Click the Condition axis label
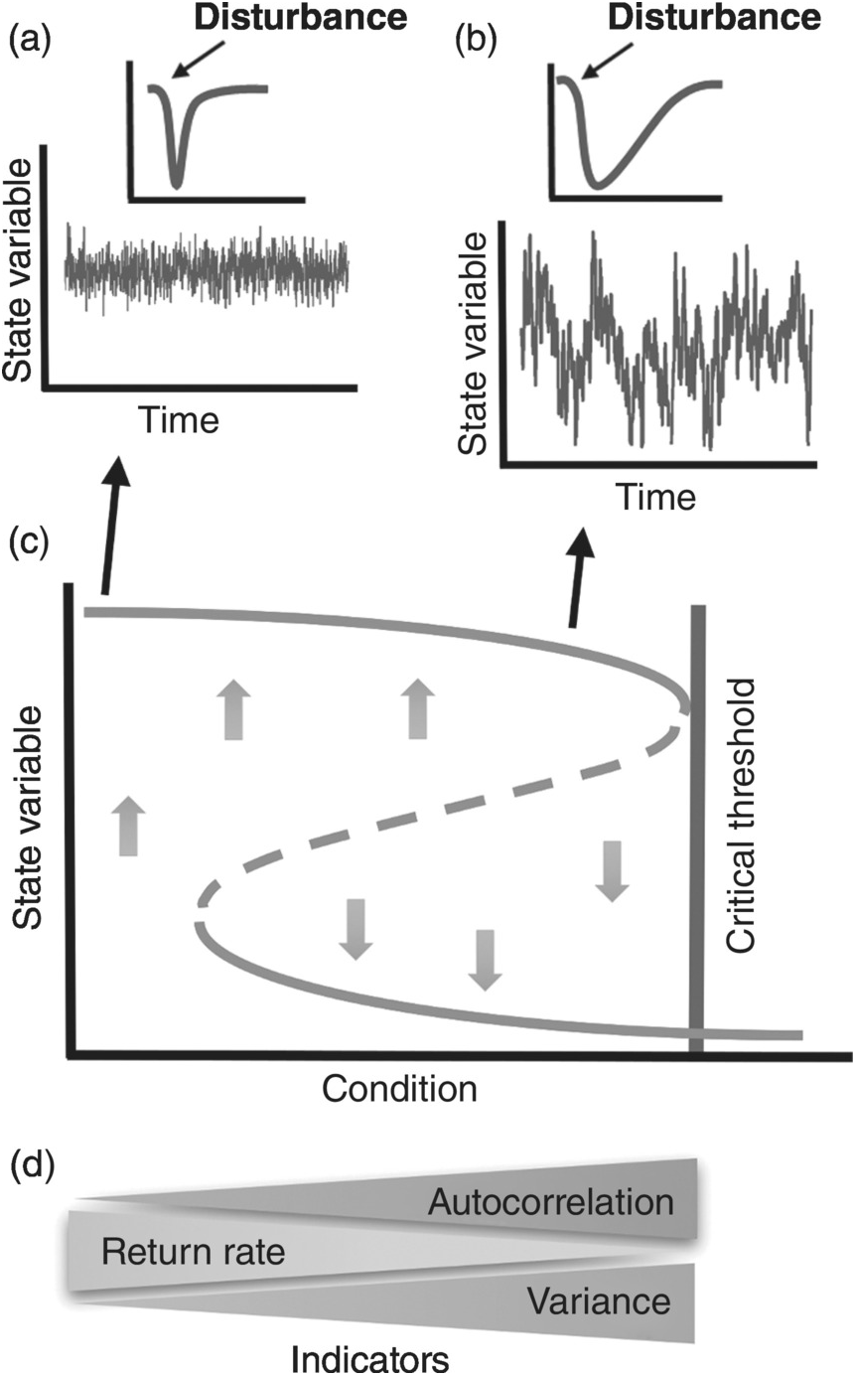click(x=399, y=1090)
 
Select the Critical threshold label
click(x=742, y=816)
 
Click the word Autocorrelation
click(x=550, y=1203)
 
